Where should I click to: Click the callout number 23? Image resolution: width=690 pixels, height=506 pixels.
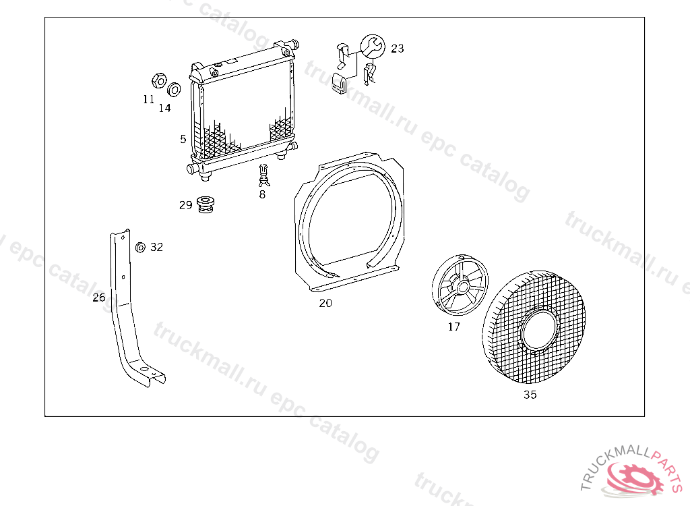398,49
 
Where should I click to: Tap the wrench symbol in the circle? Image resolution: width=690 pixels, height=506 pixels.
373,47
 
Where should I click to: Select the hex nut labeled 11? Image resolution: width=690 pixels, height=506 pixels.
159,81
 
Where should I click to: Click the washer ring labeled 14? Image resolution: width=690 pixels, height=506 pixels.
175,90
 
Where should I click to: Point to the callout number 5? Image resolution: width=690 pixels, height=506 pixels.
183,139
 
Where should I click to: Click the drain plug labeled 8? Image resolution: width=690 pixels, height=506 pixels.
263,175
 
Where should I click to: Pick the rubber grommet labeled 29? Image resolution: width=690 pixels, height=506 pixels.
206,204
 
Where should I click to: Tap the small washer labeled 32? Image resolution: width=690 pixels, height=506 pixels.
140,248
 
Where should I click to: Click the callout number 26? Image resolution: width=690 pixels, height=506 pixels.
99,298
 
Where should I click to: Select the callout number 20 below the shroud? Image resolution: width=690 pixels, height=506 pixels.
325,303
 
